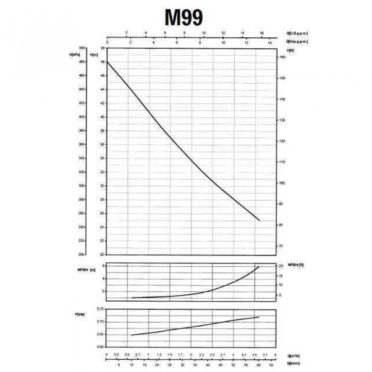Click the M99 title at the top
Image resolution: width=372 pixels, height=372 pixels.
(184, 18)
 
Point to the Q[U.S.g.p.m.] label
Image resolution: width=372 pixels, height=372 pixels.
(297, 33)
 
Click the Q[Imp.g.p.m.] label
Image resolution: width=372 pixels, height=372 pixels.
(297, 41)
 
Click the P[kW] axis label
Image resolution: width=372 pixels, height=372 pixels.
(80, 314)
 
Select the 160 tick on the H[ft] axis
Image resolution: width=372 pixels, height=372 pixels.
(282, 57)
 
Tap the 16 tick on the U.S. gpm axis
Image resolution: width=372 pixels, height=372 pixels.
(262, 33)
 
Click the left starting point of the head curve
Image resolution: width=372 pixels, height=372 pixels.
(107, 61)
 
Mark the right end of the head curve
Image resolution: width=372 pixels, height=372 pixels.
(259, 220)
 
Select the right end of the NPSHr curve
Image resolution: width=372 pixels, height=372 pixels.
(259, 267)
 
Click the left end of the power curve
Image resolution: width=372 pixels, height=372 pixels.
(132, 335)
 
